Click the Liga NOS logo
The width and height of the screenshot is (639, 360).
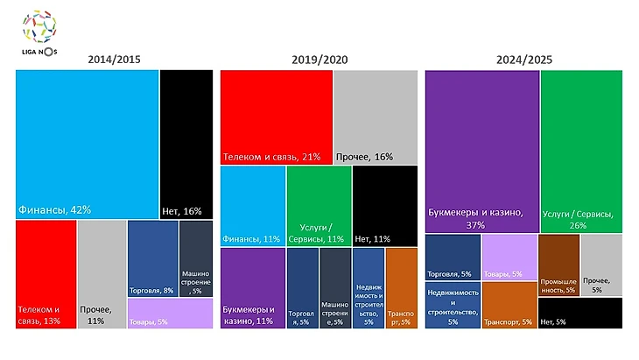[x=39, y=31]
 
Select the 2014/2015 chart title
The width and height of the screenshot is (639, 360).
[x=114, y=60]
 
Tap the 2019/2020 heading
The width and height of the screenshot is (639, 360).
[x=319, y=60]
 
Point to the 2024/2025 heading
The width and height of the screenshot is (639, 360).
[x=523, y=60]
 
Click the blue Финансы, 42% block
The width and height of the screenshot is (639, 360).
[x=88, y=144]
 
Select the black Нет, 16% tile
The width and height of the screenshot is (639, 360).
[x=186, y=144]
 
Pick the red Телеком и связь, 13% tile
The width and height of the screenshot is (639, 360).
[x=46, y=273]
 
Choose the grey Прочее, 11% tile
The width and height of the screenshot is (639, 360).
[x=101, y=273]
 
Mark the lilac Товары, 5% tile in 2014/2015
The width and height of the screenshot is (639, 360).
[x=170, y=313]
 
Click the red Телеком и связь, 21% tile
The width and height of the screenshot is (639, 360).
[x=276, y=116]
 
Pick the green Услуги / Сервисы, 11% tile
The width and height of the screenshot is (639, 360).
[x=319, y=205]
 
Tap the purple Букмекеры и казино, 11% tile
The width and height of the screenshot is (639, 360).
[x=252, y=287]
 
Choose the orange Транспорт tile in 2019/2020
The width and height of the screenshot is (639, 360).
[x=401, y=287]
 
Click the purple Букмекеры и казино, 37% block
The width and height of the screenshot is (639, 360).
[x=481, y=151]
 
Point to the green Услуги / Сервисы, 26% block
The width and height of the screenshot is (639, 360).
[x=581, y=151]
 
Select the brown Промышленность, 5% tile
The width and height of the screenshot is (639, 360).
[x=558, y=265]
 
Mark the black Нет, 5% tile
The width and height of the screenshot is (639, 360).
[x=579, y=313]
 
